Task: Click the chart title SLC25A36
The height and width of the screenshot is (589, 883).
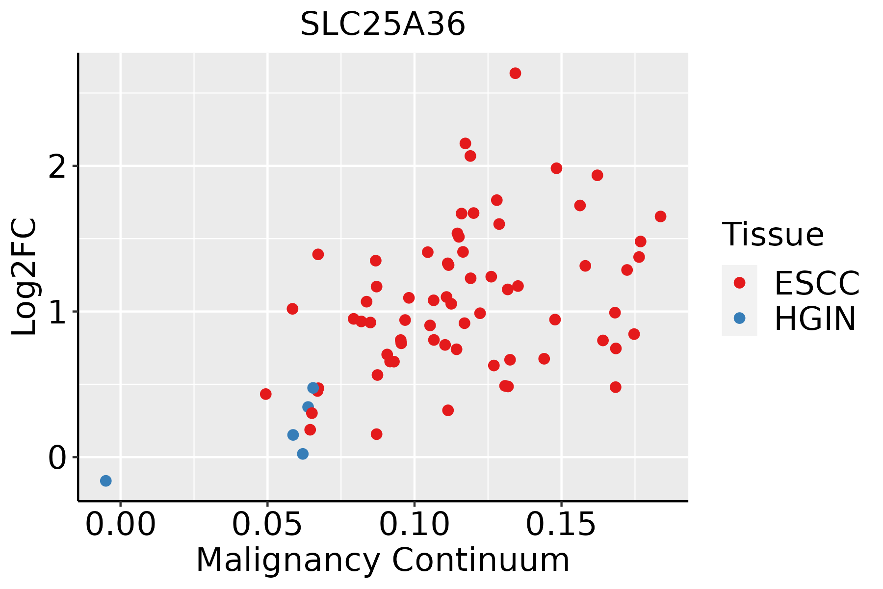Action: tap(383, 24)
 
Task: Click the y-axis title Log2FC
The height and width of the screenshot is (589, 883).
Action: tap(25, 277)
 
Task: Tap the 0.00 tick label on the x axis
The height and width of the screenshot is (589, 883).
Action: tap(120, 525)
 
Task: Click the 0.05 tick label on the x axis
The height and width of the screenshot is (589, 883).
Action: tap(267, 525)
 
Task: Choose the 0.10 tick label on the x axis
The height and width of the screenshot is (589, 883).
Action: tap(415, 525)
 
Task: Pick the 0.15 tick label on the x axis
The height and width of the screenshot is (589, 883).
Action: tap(561, 525)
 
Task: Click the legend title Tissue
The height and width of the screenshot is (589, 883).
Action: tap(773, 235)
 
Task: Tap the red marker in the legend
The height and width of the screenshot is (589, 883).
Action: tap(739, 282)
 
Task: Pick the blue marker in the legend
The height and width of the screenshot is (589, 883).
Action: tap(739, 318)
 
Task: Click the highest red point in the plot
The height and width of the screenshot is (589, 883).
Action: tap(515, 73)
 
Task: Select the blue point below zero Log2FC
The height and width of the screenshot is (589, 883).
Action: tap(105, 481)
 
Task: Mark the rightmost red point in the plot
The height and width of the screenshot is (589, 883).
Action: tap(660, 216)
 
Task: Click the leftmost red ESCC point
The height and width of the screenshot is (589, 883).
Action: tap(265, 394)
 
